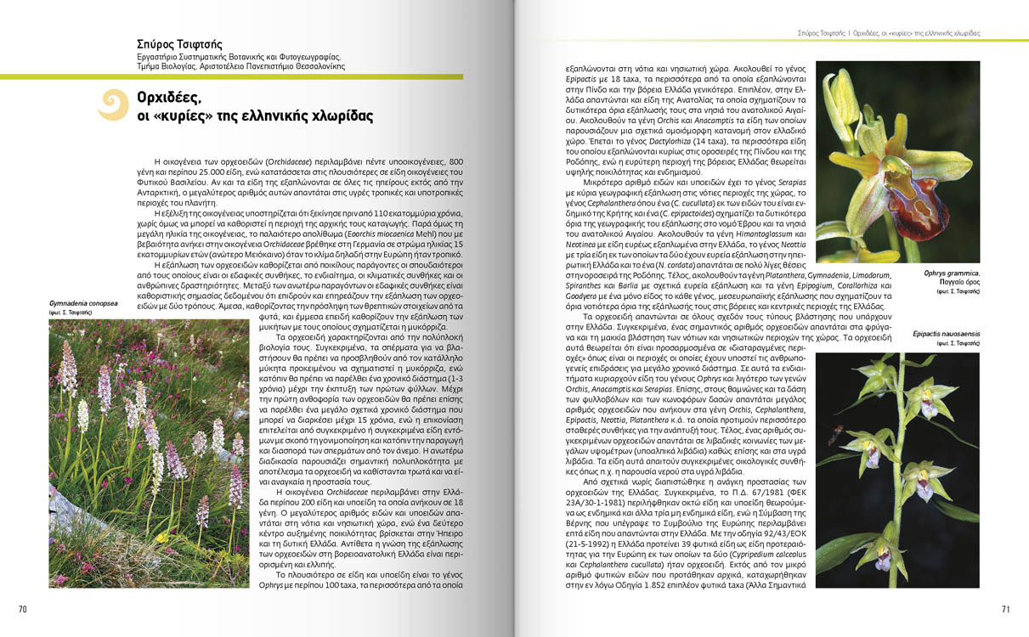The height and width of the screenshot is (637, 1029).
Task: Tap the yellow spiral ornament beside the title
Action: coord(114,105)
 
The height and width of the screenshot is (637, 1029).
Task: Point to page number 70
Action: coord(23,608)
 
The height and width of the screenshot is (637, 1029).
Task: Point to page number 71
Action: coord(1005,608)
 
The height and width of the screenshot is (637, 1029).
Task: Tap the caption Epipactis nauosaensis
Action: coord(946,334)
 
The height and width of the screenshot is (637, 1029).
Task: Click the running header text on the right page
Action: coord(889,33)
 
